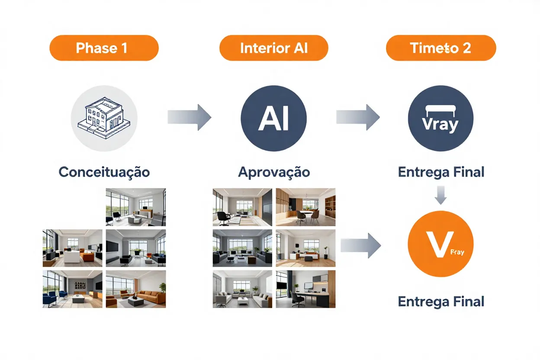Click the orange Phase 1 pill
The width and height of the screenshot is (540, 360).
tap(104, 48)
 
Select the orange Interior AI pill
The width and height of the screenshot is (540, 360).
tap(273, 48)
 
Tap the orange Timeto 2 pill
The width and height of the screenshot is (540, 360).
tap(440, 48)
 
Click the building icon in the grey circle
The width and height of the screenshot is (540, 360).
tap(104, 118)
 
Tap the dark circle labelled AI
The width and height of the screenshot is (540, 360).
tap(273, 118)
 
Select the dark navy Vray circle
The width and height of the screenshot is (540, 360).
tap(440, 118)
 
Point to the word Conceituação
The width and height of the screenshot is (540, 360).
tap(104, 172)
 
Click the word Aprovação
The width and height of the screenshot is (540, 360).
tap(273, 172)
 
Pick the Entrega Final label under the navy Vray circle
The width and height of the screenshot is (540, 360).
tap(440, 172)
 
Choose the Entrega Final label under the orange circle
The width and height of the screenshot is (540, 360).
tap(440, 301)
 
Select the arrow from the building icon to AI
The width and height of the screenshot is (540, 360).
tap(189, 117)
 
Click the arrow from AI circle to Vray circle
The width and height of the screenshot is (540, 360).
tap(358, 117)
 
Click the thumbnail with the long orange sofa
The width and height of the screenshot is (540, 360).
tap(135, 289)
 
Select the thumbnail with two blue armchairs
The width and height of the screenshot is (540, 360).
tap(72, 289)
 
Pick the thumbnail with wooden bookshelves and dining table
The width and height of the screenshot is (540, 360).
tap(305, 207)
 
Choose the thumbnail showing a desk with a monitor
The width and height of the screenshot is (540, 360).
tap(305, 289)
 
